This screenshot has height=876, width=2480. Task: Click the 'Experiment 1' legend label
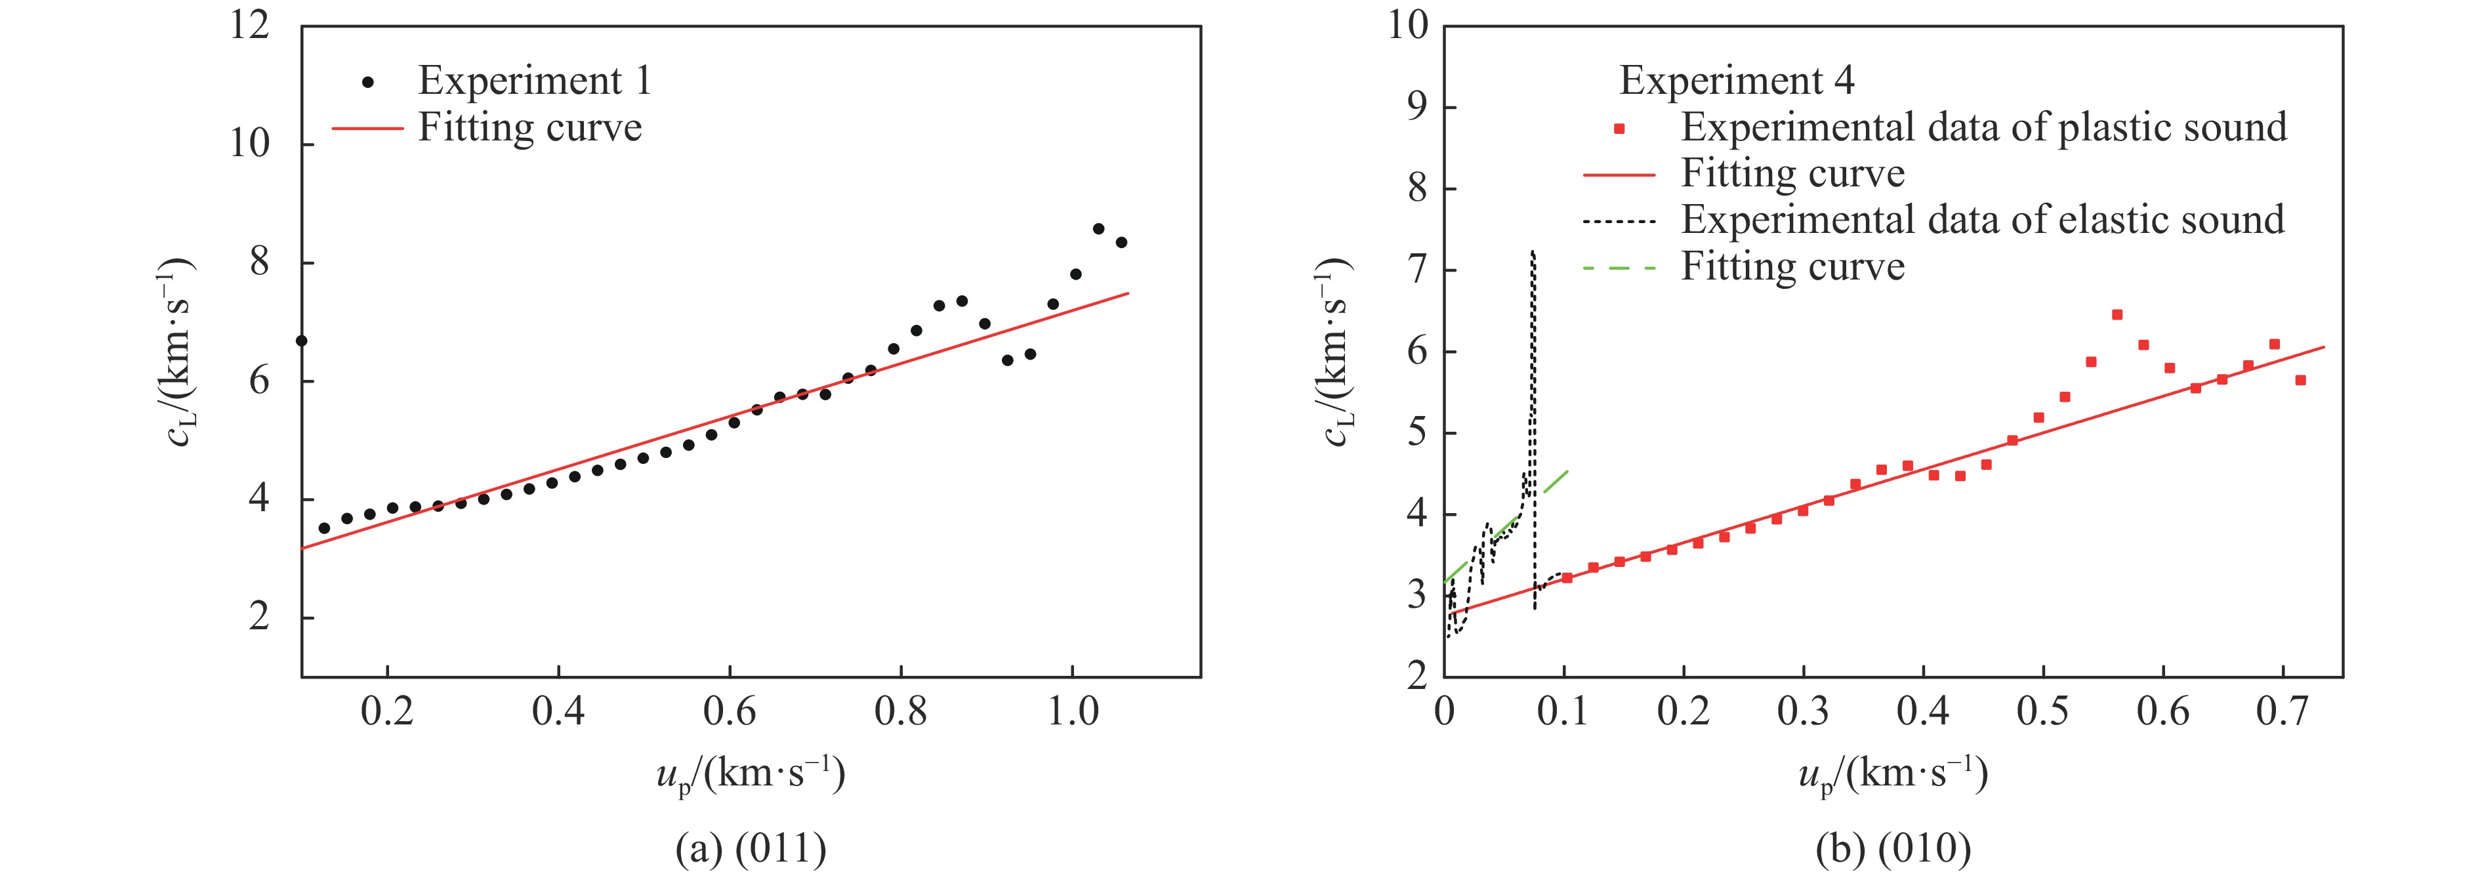[x=534, y=81]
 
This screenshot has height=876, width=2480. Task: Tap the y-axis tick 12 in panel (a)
[x=249, y=26]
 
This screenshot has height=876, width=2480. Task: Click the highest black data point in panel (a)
[x=1098, y=229]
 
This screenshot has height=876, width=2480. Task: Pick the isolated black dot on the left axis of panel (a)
[x=301, y=341]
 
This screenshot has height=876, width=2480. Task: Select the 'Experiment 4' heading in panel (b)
[x=1736, y=81]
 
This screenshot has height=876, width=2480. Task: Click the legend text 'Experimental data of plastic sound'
[x=1983, y=127]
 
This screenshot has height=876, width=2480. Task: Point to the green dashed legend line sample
[x=1619, y=268]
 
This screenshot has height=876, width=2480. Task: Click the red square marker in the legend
[x=1619, y=128]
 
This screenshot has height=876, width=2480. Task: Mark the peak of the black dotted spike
[x=1532, y=252]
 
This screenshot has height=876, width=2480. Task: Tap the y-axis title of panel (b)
[x=1337, y=353]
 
